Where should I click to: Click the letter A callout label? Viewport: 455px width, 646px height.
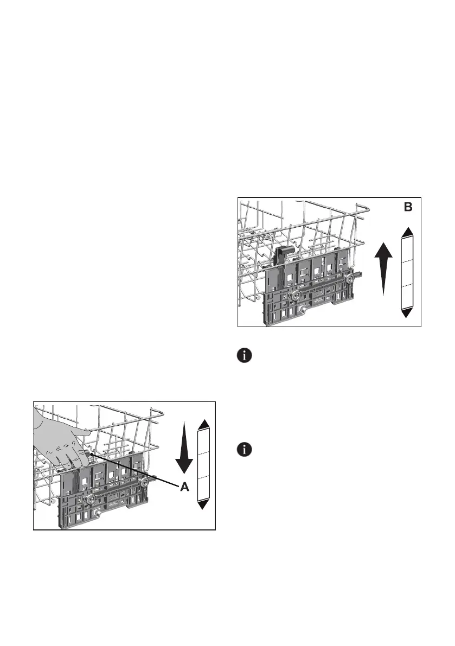coord(184,487)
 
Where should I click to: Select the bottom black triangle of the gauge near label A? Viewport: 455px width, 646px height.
coord(203,504)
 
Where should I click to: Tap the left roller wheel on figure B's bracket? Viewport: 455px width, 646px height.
coord(296,296)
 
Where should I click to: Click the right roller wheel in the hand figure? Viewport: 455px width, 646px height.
coord(144,482)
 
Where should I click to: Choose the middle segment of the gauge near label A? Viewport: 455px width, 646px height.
coord(203,464)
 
